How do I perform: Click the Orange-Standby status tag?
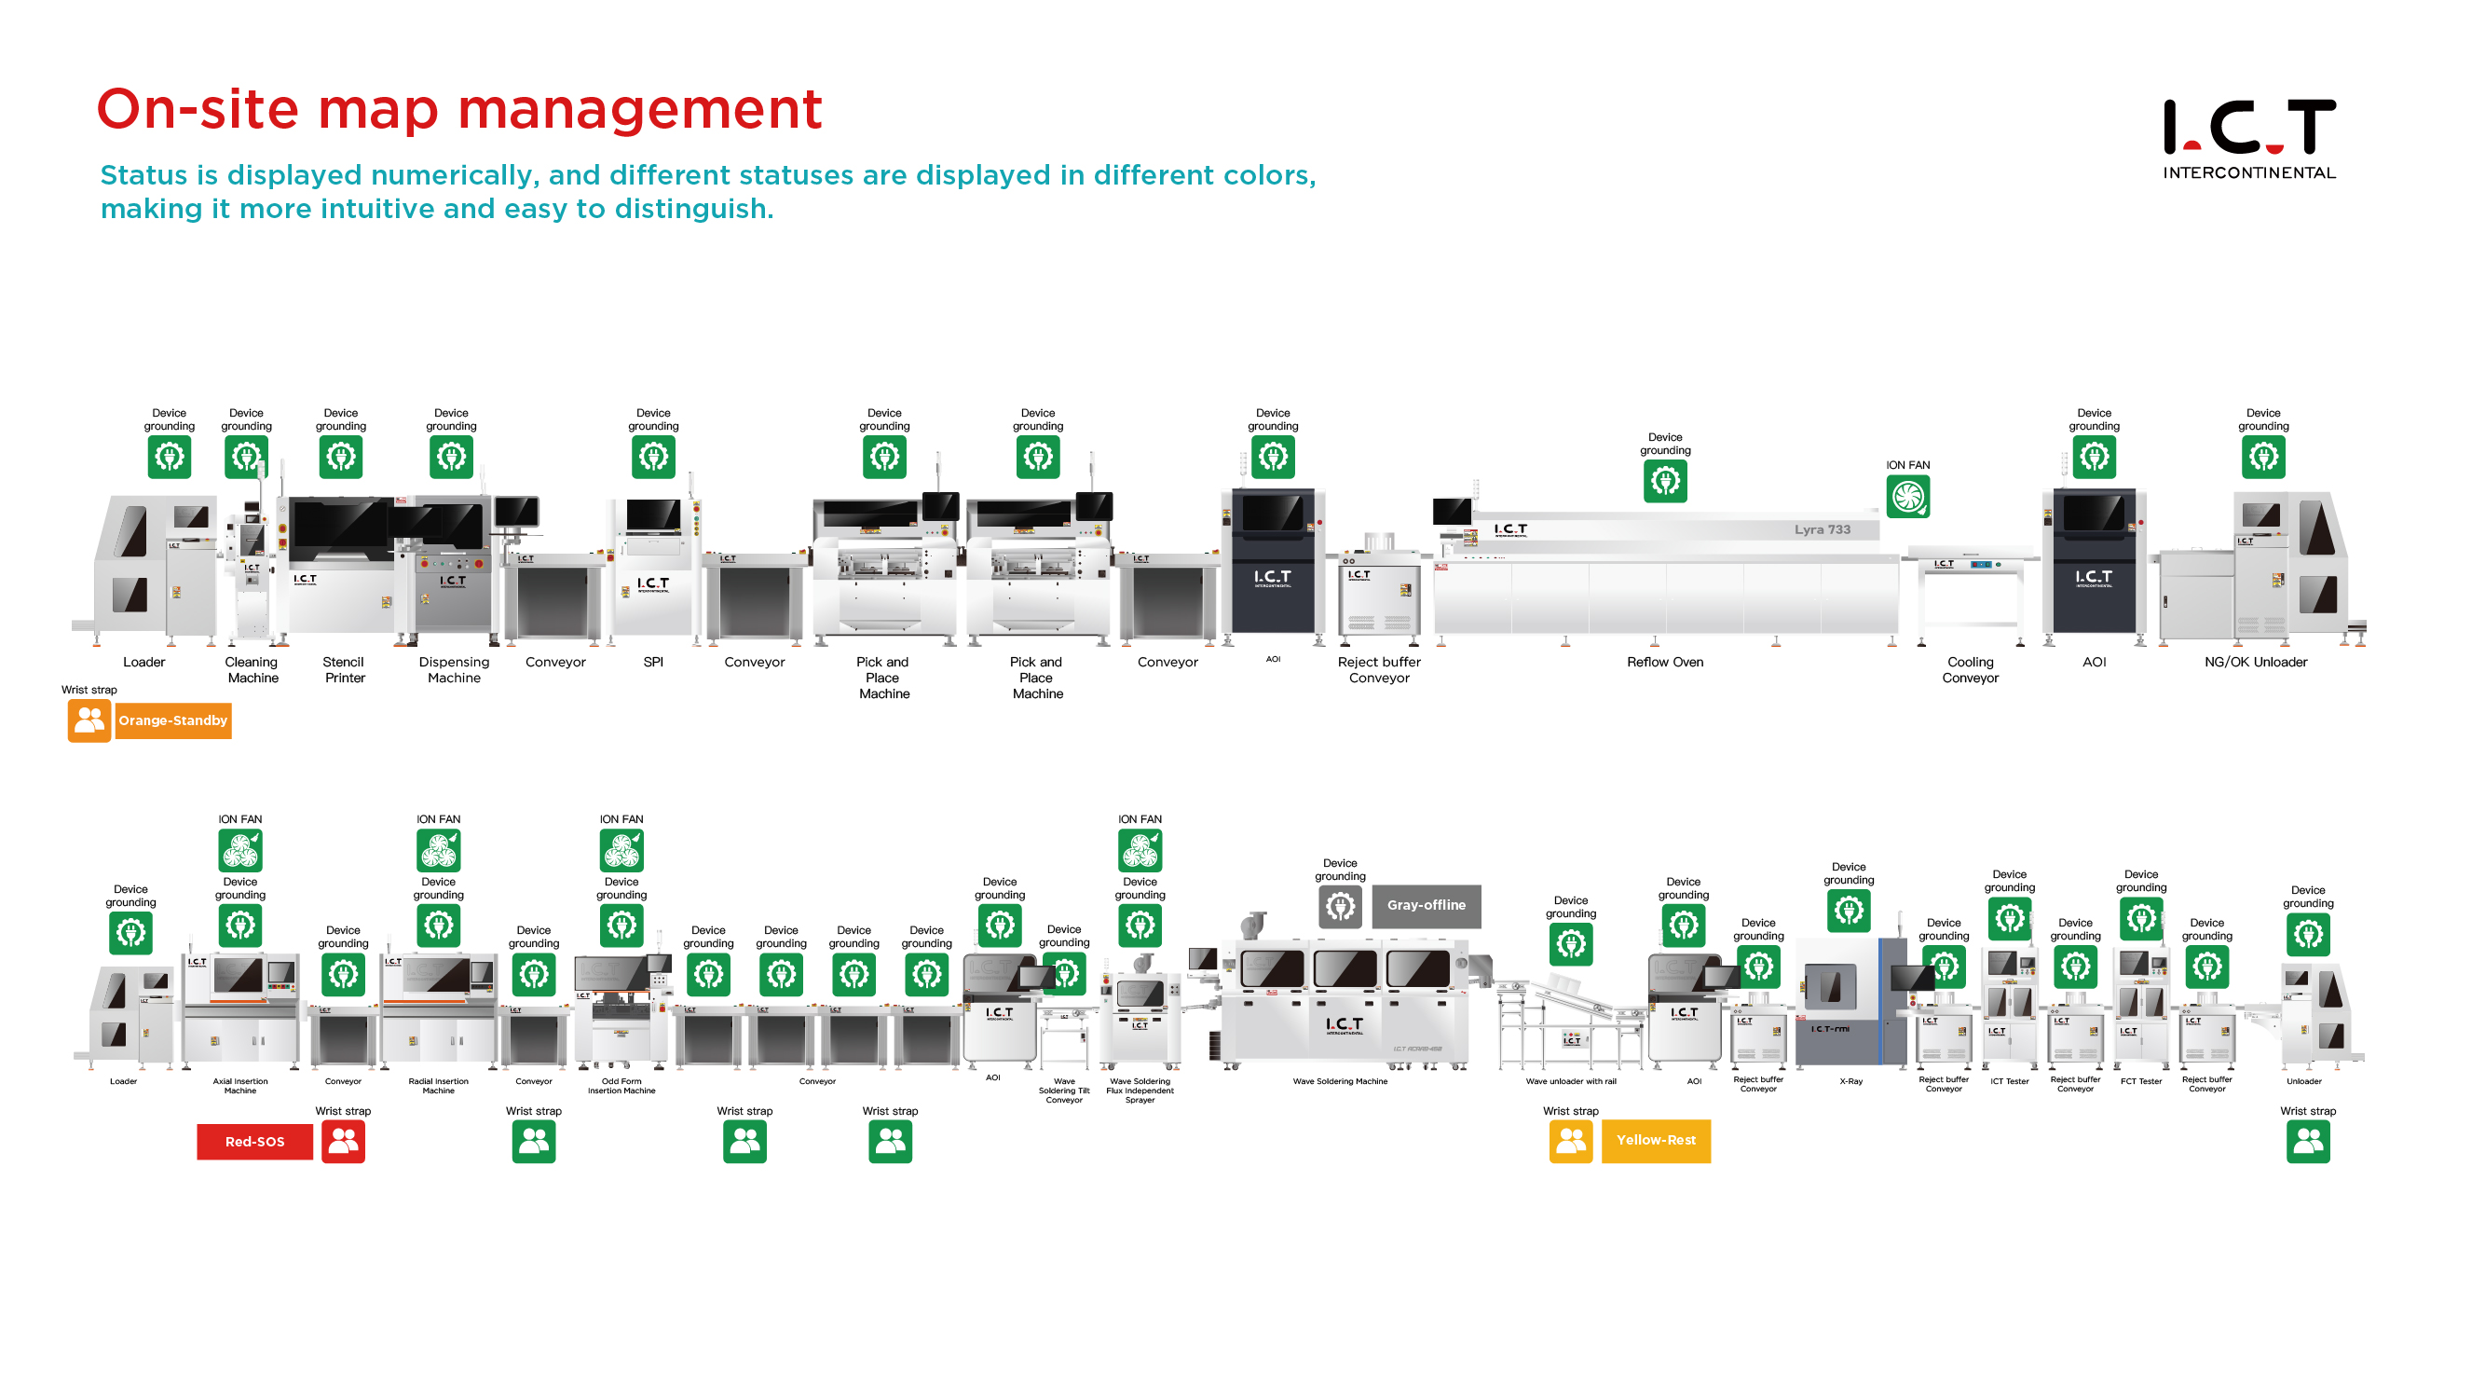pos(172,720)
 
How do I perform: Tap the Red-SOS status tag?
pos(254,1142)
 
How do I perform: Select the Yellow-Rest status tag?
pos(1656,1141)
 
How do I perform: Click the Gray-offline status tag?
pos(1426,905)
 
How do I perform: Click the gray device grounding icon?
pos(1340,906)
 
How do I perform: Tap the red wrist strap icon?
pos(344,1142)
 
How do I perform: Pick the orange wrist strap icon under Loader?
pos(89,720)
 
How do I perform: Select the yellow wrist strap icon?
pos(1571,1142)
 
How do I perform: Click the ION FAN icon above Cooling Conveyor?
pos(1907,497)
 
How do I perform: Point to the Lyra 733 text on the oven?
pos(1823,529)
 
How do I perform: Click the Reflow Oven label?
pos(1665,662)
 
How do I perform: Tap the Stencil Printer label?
pos(344,669)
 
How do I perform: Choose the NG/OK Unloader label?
pos(2256,662)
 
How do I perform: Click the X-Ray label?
pos(1850,1081)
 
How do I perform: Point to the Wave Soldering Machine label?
pos(1340,1081)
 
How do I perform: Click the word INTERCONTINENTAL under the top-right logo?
pos(2248,172)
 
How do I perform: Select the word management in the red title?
pos(639,109)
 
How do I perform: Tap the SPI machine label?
pos(653,662)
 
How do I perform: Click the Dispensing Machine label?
pos(454,669)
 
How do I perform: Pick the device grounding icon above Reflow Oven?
pos(1665,481)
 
